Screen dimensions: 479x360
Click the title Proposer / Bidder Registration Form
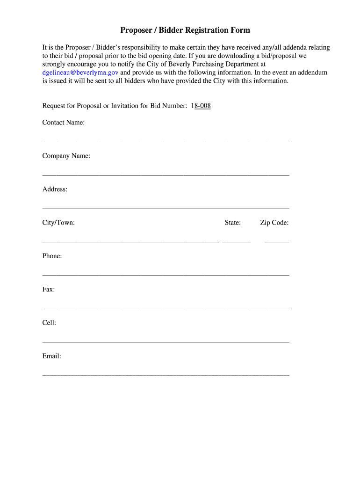185,30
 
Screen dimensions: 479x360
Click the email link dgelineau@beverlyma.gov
80,73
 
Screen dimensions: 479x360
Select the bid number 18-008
201,106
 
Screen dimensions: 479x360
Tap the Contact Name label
64,123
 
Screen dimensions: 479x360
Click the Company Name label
66,156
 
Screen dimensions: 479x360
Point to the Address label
55,189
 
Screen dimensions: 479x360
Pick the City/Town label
58,223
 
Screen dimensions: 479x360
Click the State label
233,223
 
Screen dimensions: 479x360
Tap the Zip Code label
274,223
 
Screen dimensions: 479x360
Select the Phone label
52,256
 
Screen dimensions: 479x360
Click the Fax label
49,290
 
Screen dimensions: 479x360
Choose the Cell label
49,323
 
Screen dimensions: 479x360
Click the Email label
52,356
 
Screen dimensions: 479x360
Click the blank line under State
237,241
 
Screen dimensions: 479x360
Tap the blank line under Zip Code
277,241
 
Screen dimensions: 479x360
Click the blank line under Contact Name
166,141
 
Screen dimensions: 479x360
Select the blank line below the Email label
166,375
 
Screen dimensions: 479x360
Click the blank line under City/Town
130,241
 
